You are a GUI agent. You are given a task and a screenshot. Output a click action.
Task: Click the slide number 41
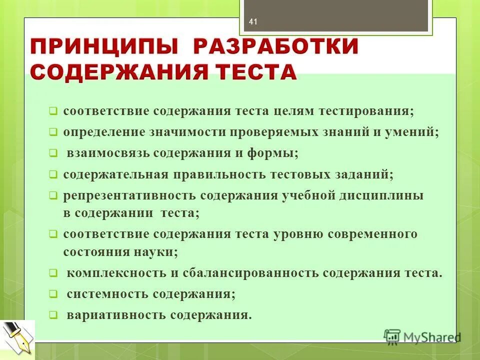[252, 22]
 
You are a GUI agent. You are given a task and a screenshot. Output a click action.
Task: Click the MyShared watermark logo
[422, 337]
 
